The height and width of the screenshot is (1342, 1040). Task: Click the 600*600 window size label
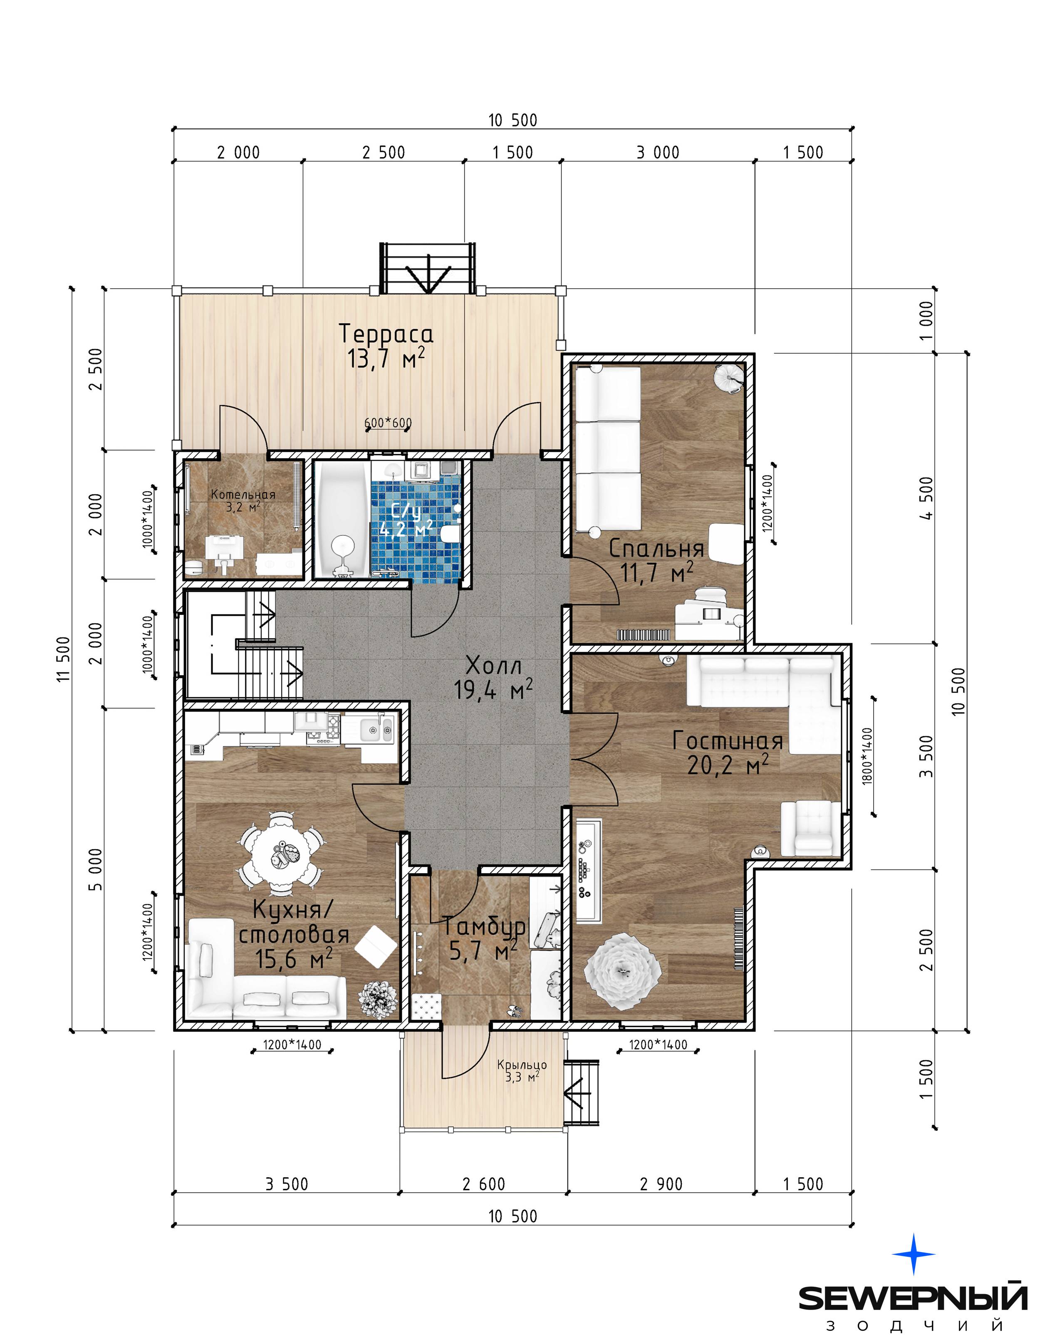pyautogui.click(x=388, y=423)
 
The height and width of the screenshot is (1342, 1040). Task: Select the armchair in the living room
pyautogui.click(x=810, y=828)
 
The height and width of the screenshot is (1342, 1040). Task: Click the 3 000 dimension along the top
pyautogui.click(x=658, y=152)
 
